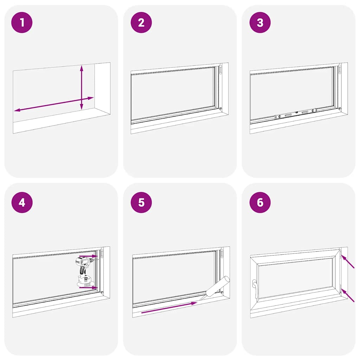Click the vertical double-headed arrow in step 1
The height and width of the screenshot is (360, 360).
[x=82, y=87]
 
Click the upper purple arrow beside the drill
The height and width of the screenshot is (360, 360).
[x=88, y=256]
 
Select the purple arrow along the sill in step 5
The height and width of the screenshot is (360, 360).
[x=169, y=307]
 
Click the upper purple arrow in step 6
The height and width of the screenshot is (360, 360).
[x=347, y=262]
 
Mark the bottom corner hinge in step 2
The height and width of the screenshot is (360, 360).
[x=220, y=109]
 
